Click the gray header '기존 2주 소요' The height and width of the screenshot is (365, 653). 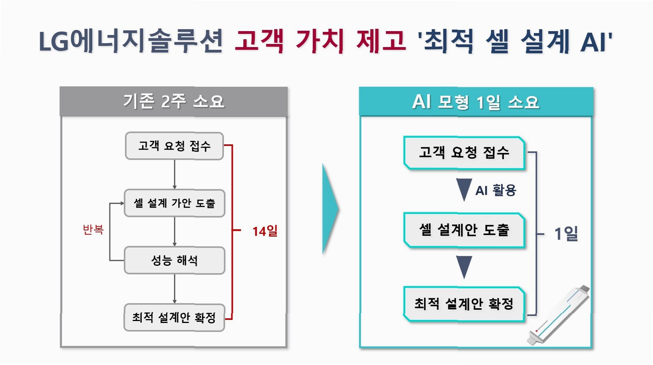click(x=174, y=101)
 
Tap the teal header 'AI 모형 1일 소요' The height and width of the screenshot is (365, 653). click(x=476, y=102)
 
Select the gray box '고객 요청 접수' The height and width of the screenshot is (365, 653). click(x=174, y=146)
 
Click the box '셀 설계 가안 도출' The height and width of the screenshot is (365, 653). click(x=174, y=203)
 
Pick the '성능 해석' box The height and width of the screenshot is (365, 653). click(x=174, y=260)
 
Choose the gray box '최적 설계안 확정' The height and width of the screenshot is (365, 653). click(x=174, y=318)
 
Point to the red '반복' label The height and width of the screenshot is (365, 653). click(x=93, y=230)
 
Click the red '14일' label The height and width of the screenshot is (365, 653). click(x=265, y=231)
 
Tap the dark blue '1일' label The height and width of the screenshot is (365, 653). click(x=566, y=234)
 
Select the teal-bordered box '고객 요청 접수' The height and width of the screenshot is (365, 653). click(x=464, y=153)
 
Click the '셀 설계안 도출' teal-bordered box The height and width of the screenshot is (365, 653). click(x=464, y=230)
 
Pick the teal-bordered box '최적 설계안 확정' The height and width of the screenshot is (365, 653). click(x=464, y=304)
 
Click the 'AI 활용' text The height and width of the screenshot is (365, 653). click(x=496, y=190)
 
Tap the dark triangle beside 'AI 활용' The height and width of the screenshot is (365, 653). click(x=464, y=189)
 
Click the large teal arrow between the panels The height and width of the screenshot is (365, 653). click(x=330, y=209)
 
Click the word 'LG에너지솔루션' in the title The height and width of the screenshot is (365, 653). click(x=131, y=41)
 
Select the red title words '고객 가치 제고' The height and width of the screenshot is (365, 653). click(x=320, y=41)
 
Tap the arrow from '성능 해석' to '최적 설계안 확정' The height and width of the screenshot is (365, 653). click(x=174, y=288)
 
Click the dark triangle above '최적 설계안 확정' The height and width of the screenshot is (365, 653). click(x=464, y=266)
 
